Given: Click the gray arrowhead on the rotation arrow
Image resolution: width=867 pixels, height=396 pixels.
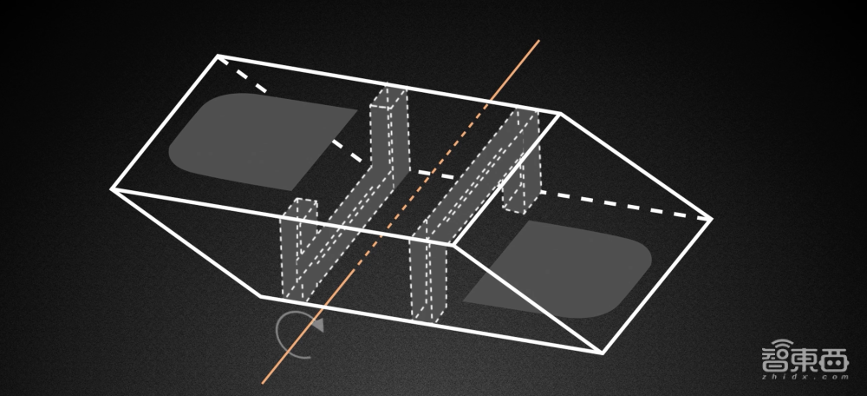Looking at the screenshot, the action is tap(316, 325).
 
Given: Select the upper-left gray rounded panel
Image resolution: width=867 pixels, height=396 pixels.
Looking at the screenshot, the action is tap(260, 142).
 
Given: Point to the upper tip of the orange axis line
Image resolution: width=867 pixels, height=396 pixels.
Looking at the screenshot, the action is tap(539, 40).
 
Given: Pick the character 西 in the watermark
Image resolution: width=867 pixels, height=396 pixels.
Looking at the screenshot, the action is tap(835, 359).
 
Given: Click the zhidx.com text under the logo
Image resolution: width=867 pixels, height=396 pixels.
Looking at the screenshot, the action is tap(805, 377).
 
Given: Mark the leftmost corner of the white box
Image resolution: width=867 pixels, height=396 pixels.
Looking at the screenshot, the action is tap(112, 188).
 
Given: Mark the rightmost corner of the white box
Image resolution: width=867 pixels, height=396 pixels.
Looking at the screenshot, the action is tap(711, 220).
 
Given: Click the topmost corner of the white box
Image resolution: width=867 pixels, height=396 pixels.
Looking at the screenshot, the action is tap(218, 56).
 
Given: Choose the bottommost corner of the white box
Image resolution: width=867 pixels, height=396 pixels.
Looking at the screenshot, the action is tap(603, 353).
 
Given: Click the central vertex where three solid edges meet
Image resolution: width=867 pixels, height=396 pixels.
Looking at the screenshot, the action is tap(454, 243).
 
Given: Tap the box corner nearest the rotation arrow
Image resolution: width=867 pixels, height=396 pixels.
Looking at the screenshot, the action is tap(260, 297).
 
